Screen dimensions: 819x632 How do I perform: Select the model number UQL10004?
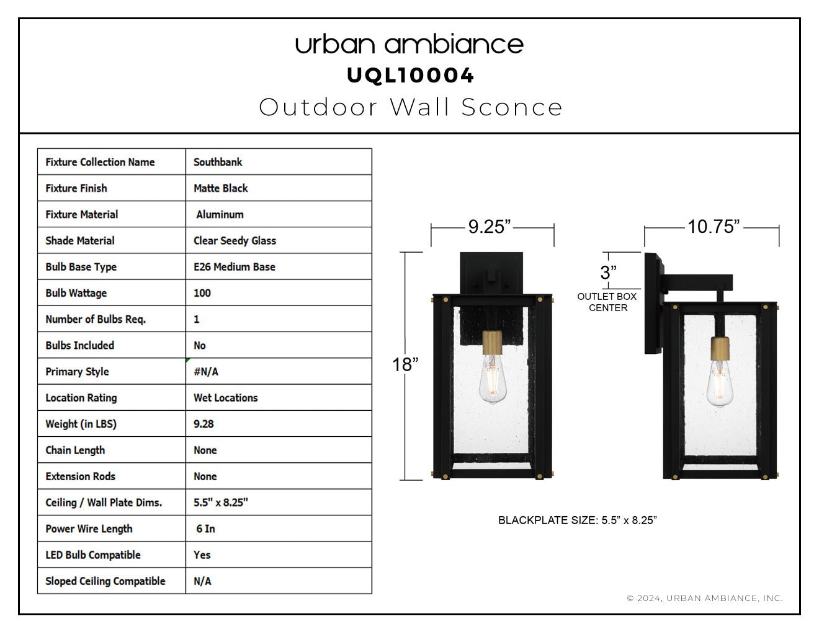(409, 76)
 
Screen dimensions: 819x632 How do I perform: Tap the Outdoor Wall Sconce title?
(411, 107)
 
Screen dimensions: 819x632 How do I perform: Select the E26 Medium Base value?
(234, 267)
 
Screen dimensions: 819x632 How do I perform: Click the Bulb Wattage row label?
(76, 293)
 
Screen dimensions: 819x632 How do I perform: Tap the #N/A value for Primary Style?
(206, 372)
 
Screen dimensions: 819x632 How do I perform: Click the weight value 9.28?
(204, 424)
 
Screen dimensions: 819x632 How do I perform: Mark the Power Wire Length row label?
(89, 529)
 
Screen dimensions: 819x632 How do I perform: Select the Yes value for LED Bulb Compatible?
(202, 555)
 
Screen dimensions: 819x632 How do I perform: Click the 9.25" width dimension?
(489, 227)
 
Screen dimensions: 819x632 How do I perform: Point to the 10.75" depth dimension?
(714, 227)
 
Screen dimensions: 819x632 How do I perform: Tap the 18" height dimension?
(405, 364)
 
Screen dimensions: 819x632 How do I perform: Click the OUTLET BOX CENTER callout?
(607, 302)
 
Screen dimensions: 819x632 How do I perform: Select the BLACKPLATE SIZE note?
(578, 520)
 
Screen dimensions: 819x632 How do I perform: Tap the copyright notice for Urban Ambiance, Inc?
(705, 598)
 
